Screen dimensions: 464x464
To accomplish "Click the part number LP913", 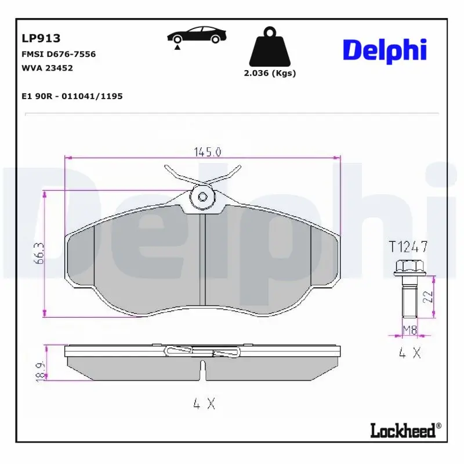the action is tap(41, 38).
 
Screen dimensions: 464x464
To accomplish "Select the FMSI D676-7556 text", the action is tap(59, 54).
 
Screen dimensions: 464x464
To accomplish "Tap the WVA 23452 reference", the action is tap(47, 68).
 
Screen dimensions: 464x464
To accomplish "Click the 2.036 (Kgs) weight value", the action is tap(270, 73).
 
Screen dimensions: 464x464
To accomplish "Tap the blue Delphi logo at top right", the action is tap(385, 51).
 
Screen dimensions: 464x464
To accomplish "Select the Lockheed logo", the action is tap(405, 430).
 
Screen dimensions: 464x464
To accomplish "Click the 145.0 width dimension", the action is tap(208, 152).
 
